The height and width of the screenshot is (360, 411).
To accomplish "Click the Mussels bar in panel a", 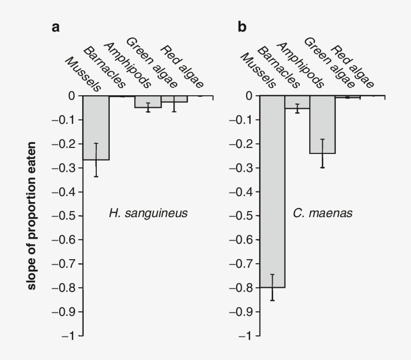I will click(x=96, y=127).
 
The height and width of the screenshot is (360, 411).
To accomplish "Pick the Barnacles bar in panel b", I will click(x=297, y=102).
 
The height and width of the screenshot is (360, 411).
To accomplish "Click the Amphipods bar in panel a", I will click(x=148, y=101).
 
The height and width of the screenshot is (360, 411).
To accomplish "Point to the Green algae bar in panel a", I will click(x=173, y=99).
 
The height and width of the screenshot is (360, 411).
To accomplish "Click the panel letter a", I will click(x=56, y=28).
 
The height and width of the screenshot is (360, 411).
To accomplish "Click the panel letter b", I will click(x=242, y=28).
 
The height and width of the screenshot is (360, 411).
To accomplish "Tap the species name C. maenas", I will click(x=323, y=213).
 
